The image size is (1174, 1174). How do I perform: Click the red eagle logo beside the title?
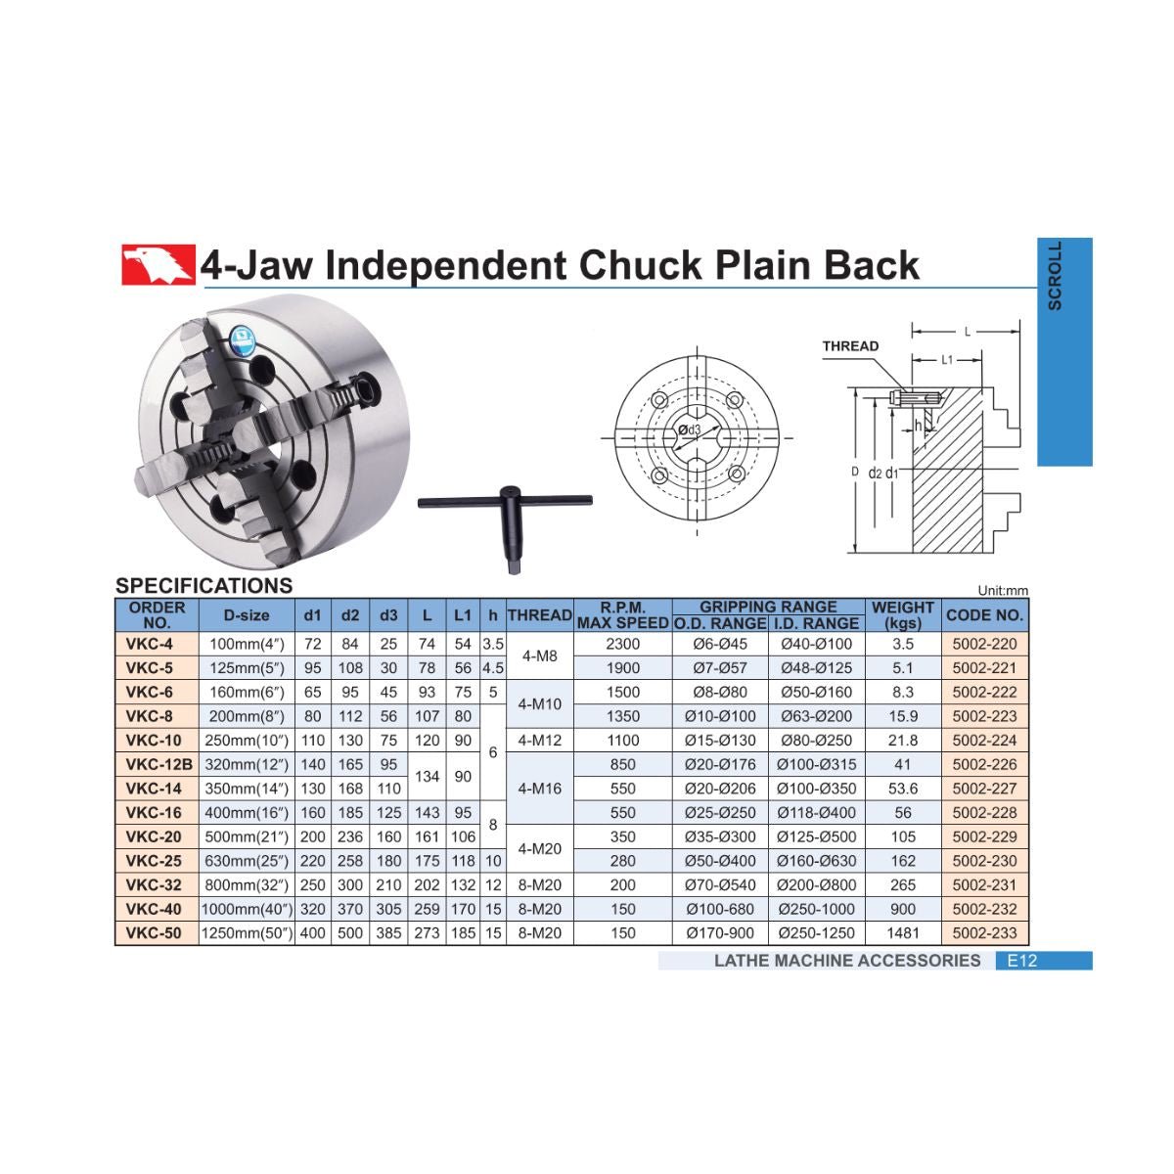click(158, 264)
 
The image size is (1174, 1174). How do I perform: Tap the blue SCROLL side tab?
click(1064, 351)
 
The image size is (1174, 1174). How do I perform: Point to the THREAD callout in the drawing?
click(850, 346)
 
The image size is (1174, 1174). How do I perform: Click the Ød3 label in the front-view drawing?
click(690, 429)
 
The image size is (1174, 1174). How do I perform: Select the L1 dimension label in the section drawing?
click(947, 359)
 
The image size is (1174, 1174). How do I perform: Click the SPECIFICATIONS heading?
click(204, 585)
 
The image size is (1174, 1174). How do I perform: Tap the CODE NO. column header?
click(984, 614)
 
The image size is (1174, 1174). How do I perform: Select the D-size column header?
click(247, 615)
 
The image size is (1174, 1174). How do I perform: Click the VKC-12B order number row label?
click(159, 764)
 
